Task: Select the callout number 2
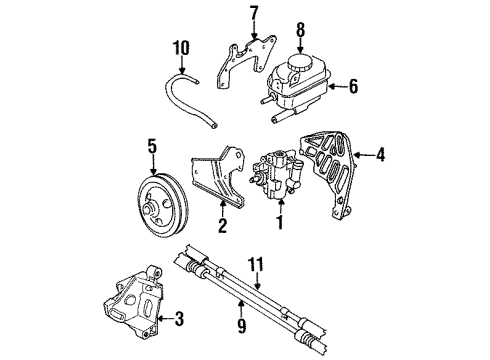(222, 226)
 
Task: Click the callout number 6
(353, 88)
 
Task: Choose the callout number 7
(253, 13)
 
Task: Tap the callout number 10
(179, 46)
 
